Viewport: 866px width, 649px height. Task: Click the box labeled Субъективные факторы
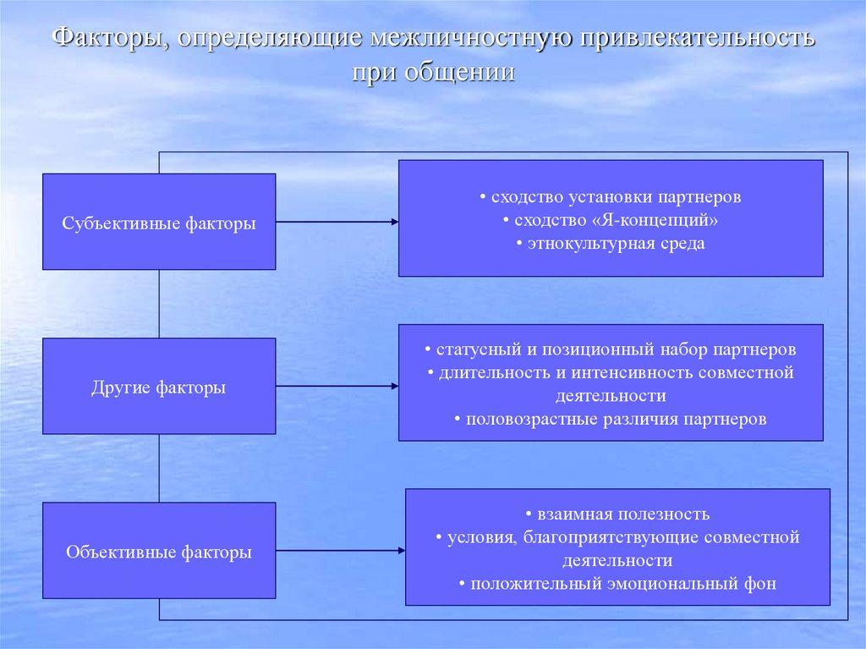coord(159,222)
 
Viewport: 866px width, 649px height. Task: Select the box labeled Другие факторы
coord(159,387)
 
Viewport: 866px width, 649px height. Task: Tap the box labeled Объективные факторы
coord(159,552)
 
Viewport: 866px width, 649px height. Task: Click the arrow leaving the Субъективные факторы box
coord(337,222)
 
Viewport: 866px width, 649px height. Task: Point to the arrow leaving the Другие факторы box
coord(337,386)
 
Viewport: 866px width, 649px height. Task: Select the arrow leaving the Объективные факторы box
coord(340,550)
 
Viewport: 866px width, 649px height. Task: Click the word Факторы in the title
coord(107,39)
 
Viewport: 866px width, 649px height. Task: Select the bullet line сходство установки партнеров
coord(611,197)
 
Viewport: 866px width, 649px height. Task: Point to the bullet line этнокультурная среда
coord(611,244)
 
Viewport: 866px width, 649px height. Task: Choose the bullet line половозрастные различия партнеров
coord(611,419)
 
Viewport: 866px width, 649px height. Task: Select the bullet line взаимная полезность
coord(617,514)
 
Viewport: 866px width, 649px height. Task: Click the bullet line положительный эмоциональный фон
coord(617,583)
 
